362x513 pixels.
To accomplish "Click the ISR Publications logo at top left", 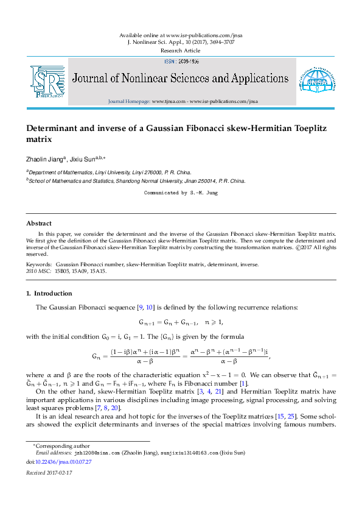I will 47,82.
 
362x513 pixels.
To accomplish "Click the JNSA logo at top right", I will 315,82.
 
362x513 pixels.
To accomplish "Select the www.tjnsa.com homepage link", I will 169,101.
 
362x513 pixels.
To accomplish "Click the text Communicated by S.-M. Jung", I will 181,193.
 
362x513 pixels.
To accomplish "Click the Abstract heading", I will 38,224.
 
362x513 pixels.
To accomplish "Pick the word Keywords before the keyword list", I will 38,264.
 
